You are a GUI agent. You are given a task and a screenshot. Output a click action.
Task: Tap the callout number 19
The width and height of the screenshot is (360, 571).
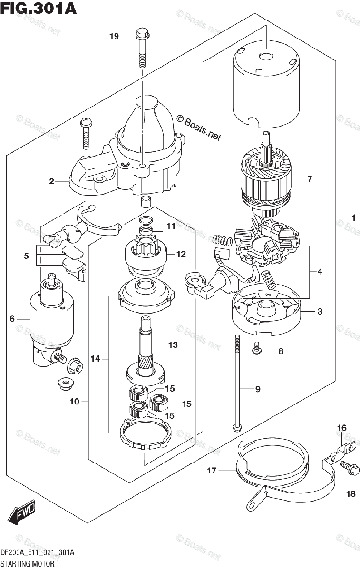(x=114, y=36)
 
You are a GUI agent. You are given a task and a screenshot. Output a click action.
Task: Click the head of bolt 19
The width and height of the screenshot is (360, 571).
(x=142, y=35)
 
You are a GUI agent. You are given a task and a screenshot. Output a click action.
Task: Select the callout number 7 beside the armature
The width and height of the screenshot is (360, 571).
(x=310, y=179)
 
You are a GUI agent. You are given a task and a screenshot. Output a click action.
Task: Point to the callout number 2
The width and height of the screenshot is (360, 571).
(x=51, y=181)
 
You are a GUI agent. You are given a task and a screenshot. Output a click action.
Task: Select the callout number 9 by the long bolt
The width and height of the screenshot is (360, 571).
(x=258, y=389)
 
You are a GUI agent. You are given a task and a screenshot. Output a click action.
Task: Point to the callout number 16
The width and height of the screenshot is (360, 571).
(x=341, y=428)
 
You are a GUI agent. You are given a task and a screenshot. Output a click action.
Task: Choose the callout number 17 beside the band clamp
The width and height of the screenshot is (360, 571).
(x=212, y=471)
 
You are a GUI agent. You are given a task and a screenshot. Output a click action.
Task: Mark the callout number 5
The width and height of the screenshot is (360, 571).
(x=27, y=256)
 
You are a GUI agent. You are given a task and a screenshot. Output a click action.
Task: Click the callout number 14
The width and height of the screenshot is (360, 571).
(x=96, y=359)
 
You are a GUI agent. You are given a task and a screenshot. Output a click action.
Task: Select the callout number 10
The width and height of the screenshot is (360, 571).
(x=74, y=402)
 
